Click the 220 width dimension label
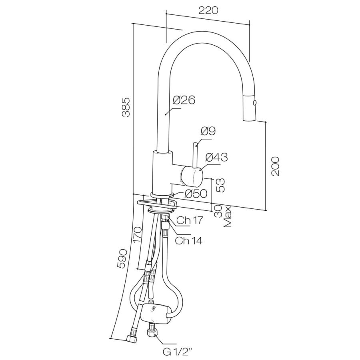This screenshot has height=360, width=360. click(x=208, y=10)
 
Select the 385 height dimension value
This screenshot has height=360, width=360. click(x=126, y=107)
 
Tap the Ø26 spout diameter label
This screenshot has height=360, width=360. click(x=184, y=100)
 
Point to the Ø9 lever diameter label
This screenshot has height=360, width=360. click(x=208, y=131)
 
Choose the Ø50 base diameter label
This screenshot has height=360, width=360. click(x=196, y=194)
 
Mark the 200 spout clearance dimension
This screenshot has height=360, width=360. click(x=275, y=166)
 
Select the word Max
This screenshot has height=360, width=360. click(x=228, y=217)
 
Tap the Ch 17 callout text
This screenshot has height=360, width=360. click(x=190, y=220)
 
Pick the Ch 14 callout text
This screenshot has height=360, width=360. click(x=189, y=240)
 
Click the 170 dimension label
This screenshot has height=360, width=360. click(x=137, y=235)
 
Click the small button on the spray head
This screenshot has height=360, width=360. click(x=254, y=103)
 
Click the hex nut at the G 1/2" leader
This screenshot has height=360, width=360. click(x=152, y=333)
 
